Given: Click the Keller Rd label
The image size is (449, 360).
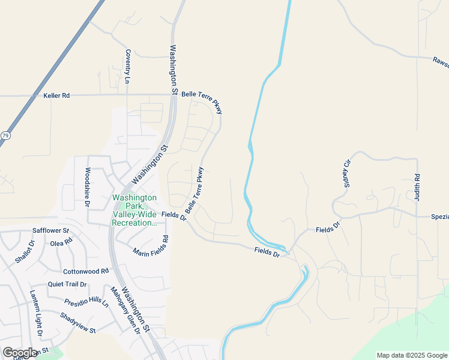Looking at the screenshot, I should [56, 95].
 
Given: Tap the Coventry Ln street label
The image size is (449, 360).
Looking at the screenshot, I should [128, 66].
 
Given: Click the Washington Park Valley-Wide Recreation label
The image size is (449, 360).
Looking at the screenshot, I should [134, 210].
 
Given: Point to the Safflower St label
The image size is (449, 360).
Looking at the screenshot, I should [51, 230].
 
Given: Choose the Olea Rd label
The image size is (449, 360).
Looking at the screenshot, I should [61, 243].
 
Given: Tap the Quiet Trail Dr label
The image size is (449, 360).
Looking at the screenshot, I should [67, 284].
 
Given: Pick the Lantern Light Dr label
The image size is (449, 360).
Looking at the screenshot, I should [37, 313].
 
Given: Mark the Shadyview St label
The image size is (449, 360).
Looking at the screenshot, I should [77, 322].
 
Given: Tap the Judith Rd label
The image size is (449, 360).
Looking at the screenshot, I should [417, 187].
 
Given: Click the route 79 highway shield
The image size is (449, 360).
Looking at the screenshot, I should [5, 136].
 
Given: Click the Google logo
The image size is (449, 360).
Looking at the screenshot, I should [19, 353].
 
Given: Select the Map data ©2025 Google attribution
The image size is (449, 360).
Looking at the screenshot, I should [412, 355].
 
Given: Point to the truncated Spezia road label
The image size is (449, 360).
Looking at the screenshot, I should [439, 217].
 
